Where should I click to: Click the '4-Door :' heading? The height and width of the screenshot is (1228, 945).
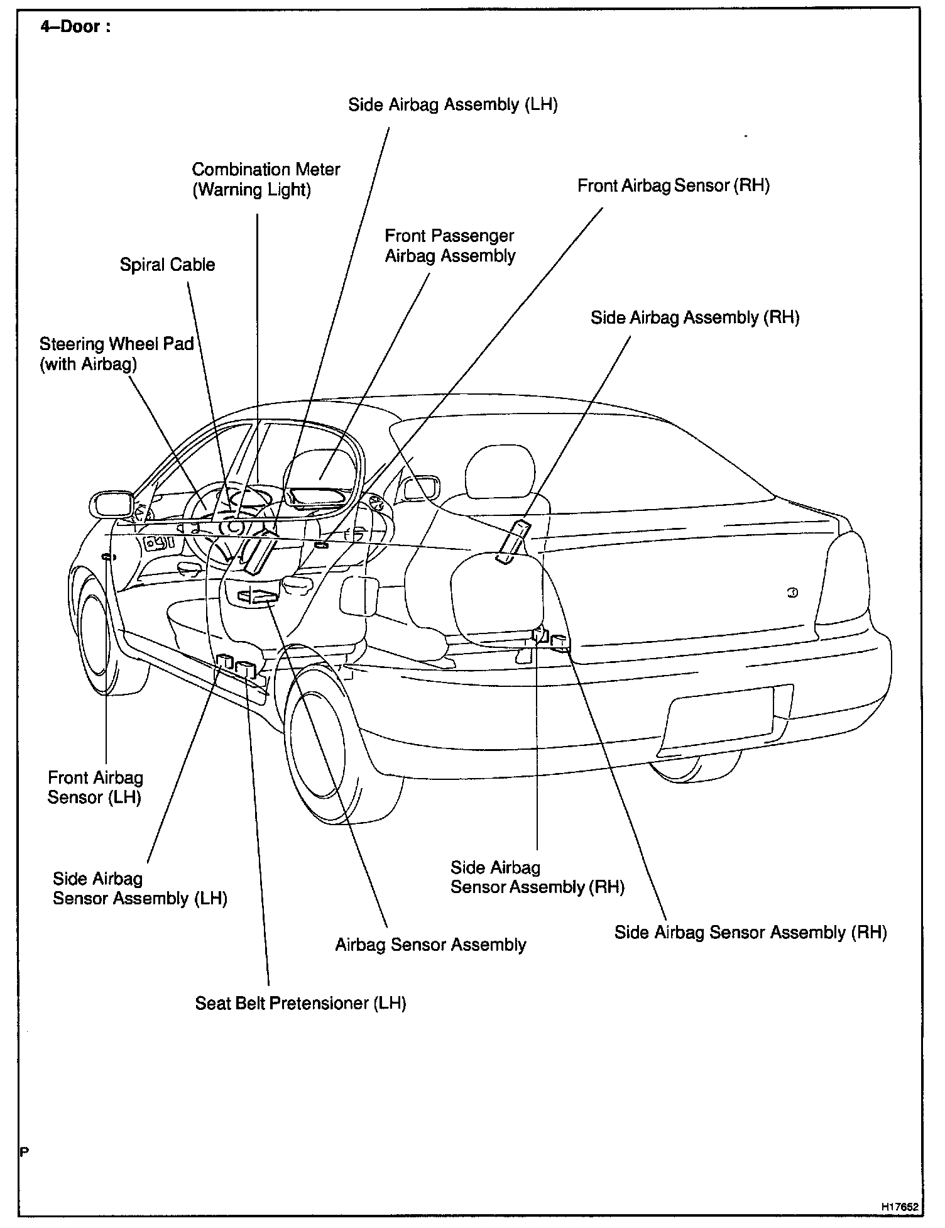click(75, 27)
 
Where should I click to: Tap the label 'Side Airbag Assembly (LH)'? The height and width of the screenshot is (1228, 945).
click(453, 104)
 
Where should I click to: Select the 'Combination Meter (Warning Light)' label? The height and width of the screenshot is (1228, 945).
click(266, 179)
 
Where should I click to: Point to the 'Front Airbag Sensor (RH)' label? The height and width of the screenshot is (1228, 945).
click(673, 185)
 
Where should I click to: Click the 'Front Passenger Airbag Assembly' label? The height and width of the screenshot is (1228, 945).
click(450, 246)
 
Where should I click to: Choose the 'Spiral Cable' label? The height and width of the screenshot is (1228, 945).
click(167, 265)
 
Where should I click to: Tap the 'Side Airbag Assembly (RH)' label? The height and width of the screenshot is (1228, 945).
click(694, 317)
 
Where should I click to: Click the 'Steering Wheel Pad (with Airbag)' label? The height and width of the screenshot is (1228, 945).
click(116, 354)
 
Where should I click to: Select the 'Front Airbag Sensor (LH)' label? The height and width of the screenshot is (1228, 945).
click(96, 787)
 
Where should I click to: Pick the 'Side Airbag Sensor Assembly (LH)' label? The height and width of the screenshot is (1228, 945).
click(139, 888)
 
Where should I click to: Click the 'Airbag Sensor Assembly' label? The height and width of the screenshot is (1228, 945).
click(430, 945)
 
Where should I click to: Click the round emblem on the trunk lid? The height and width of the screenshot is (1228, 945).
click(792, 592)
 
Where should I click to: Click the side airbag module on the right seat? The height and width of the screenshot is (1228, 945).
click(512, 541)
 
